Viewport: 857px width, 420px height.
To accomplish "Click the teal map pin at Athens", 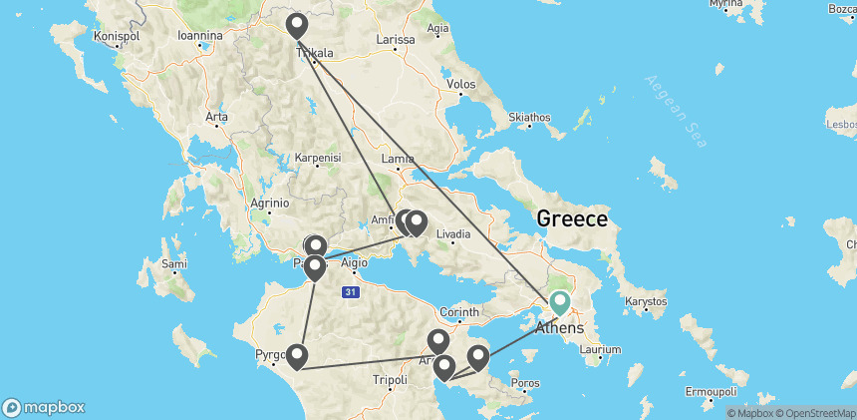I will click(560, 302).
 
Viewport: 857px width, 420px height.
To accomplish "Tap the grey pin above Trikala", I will click(296, 25).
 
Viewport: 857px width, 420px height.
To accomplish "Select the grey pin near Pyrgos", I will click(296, 356).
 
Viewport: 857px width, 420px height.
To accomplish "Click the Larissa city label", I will click(395, 40).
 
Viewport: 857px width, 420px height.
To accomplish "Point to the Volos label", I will click(460, 85).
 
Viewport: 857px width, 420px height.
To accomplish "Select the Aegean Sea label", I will click(677, 111).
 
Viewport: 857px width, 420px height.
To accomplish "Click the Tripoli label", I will click(390, 380).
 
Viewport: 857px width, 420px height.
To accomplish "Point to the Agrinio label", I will click(268, 203).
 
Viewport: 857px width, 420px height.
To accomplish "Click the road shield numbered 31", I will click(349, 291).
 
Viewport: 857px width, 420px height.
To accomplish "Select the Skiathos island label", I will click(529, 118).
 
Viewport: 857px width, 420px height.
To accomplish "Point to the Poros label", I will click(524, 382).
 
